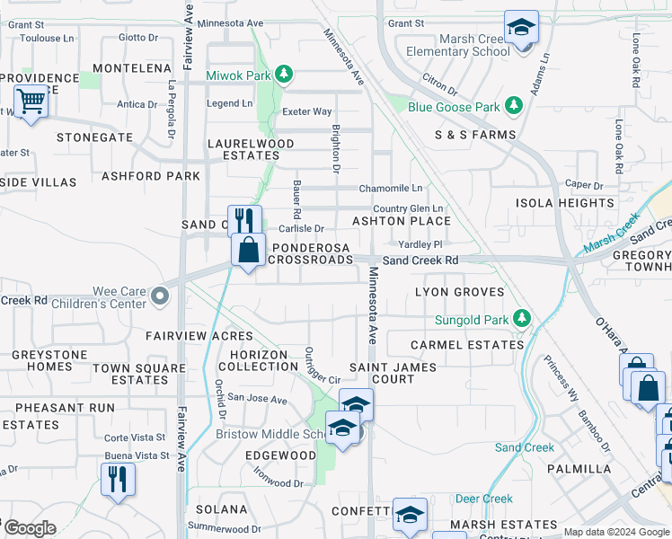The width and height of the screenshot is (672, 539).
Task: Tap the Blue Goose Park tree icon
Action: (x=514, y=107)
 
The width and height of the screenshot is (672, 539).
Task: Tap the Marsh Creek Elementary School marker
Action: (x=521, y=28)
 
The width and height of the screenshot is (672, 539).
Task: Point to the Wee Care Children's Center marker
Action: (x=160, y=296)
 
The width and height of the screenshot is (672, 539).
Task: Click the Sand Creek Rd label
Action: (x=420, y=261)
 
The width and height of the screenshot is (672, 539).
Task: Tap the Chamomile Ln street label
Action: (x=391, y=189)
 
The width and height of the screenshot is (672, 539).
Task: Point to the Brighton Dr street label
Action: (x=336, y=148)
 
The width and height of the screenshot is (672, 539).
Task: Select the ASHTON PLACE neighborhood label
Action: (x=401, y=220)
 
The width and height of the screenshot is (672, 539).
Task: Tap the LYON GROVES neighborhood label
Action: (x=456, y=293)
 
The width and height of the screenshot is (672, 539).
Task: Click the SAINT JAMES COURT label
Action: (x=393, y=373)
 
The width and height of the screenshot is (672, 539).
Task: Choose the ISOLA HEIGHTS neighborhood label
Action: (x=564, y=203)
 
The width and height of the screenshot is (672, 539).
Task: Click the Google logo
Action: (x=29, y=528)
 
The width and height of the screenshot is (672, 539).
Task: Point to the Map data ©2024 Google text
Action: (x=616, y=532)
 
